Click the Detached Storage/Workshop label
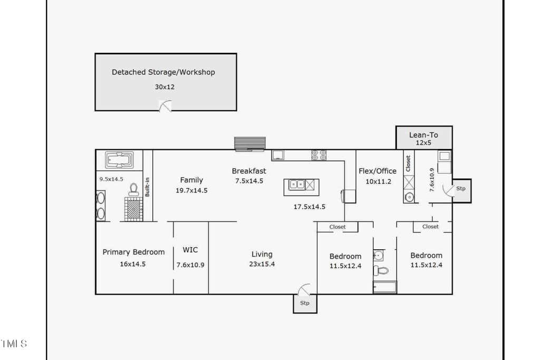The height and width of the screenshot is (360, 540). [x=163, y=72]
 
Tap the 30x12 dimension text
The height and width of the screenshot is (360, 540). [x=165, y=87]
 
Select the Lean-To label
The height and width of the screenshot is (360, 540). [x=423, y=135]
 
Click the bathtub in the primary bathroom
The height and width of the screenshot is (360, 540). [x=119, y=160]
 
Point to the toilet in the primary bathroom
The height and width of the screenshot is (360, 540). [x=133, y=190]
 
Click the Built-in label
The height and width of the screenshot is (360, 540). [x=148, y=187]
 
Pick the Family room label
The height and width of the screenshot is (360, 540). [x=191, y=180]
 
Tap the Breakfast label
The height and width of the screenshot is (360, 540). [x=249, y=171]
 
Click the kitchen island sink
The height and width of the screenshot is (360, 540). [x=296, y=185]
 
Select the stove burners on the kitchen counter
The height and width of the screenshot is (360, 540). [x=319, y=155]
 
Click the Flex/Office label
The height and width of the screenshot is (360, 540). [x=378, y=171]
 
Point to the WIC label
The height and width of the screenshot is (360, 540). [x=190, y=250]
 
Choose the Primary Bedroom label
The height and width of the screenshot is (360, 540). [x=133, y=252]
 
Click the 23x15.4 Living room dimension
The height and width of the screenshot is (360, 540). [x=262, y=264]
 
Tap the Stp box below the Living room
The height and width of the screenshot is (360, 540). [x=305, y=303]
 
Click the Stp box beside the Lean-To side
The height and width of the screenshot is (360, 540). [x=461, y=191]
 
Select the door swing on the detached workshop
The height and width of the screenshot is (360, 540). [x=165, y=106]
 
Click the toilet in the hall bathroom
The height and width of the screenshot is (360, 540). [x=381, y=271]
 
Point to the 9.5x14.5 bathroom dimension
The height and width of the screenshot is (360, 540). [x=111, y=179]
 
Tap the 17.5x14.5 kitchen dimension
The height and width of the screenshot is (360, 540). [x=309, y=207]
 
